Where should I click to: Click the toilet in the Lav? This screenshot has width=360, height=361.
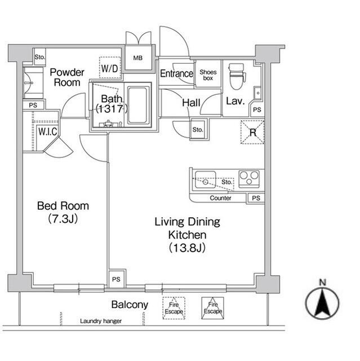click(x=235, y=77)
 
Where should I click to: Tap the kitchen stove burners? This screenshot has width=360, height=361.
click(x=248, y=179)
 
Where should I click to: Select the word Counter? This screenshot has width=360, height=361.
click(x=220, y=199)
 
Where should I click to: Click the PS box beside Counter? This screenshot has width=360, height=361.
click(x=256, y=199)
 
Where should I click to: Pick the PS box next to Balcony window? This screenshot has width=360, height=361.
click(x=115, y=279)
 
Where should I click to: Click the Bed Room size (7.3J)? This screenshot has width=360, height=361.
click(x=63, y=219)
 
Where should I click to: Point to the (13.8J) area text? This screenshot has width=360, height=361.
click(x=186, y=247)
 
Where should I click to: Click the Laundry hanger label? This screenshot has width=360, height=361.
click(x=100, y=321)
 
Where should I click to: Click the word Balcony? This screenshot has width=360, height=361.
click(x=130, y=305)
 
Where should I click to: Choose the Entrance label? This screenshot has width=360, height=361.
click(x=176, y=74)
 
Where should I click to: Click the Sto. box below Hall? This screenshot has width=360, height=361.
click(x=197, y=129)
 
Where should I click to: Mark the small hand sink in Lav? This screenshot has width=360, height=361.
click(x=257, y=91)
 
